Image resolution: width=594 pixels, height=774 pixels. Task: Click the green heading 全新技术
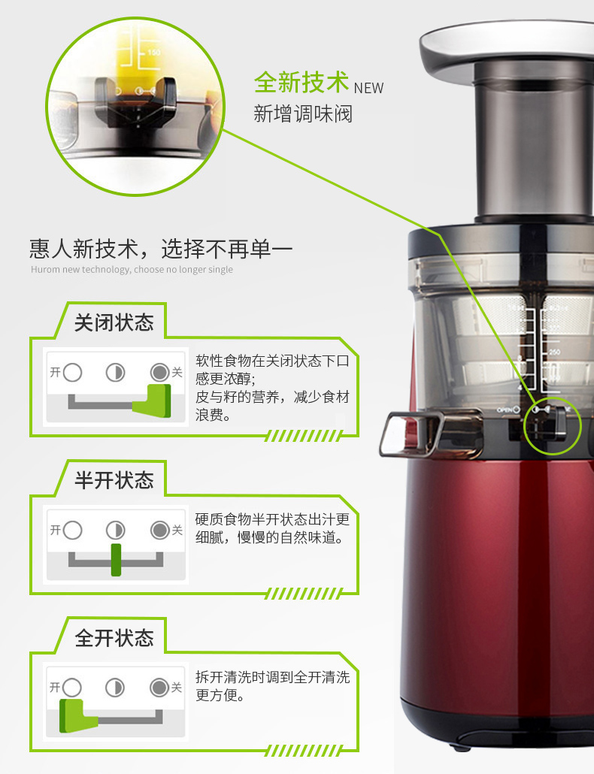point(302,82)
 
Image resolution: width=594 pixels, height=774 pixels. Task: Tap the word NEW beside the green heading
point(368,88)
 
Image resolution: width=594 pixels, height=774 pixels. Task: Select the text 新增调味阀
point(303,114)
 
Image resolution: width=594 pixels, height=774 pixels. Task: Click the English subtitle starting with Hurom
point(132,270)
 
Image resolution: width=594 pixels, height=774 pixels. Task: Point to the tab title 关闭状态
point(114,323)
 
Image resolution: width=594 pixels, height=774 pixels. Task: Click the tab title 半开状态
point(114,480)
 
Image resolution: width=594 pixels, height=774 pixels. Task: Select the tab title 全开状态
point(114,638)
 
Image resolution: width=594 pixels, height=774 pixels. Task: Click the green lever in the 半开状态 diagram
point(116,560)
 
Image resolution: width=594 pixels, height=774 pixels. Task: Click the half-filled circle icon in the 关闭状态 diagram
point(116,373)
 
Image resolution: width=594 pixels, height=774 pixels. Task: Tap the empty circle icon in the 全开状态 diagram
point(72,687)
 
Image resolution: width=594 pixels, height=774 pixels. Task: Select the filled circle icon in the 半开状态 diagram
point(160,530)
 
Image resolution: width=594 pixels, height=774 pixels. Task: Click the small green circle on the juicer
point(553,425)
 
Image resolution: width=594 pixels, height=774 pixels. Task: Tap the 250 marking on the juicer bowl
point(554,352)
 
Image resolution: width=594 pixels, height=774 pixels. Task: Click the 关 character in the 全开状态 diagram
point(176,687)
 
